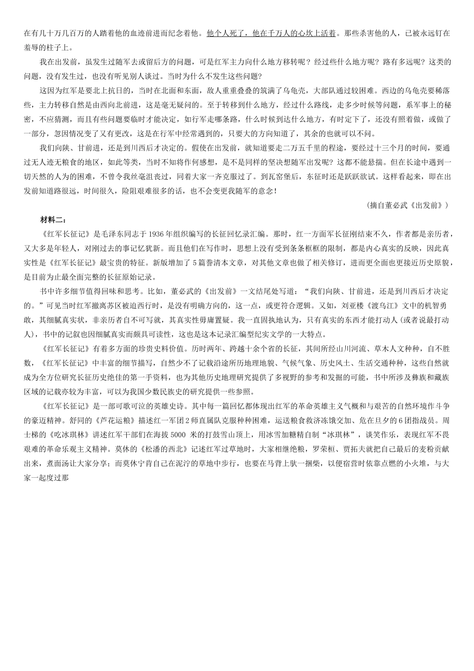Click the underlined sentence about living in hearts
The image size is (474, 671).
click(271, 33)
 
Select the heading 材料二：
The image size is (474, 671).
click(53, 220)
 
